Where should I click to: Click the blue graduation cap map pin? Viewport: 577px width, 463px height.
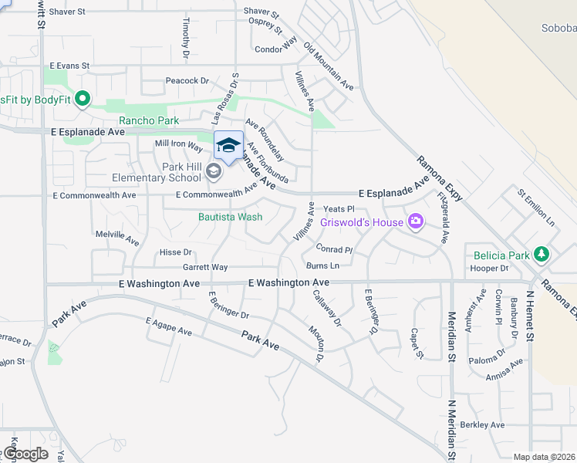pyautogui.click(x=228, y=145)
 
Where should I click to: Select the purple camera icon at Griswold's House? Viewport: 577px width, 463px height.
pyautogui.click(x=416, y=222)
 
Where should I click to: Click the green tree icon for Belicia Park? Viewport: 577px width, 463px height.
pyautogui.click(x=542, y=254)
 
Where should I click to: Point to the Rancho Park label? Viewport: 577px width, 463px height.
pyautogui.click(x=149, y=120)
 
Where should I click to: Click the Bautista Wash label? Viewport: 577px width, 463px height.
pyautogui.click(x=230, y=217)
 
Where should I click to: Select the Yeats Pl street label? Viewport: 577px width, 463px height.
pyautogui.click(x=339, y=208)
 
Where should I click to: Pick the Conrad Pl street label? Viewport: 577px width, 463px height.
pyautogui.click(x=334, y=248)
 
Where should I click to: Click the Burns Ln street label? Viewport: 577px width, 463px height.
pyautogui.click(x=323, y=265)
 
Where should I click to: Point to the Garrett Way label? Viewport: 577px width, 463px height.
pyautogui.click(x=205, y=267)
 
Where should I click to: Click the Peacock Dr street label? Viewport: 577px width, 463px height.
pyautogui.click(x=187, y=80)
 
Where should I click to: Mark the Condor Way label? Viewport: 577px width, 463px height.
pyautogui.click(x=275, y=49)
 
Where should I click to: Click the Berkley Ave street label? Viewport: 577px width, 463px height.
pyautogui.click(x=483, y=424)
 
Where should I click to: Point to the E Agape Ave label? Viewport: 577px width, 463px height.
pyautogui.click(x=167, y=326)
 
